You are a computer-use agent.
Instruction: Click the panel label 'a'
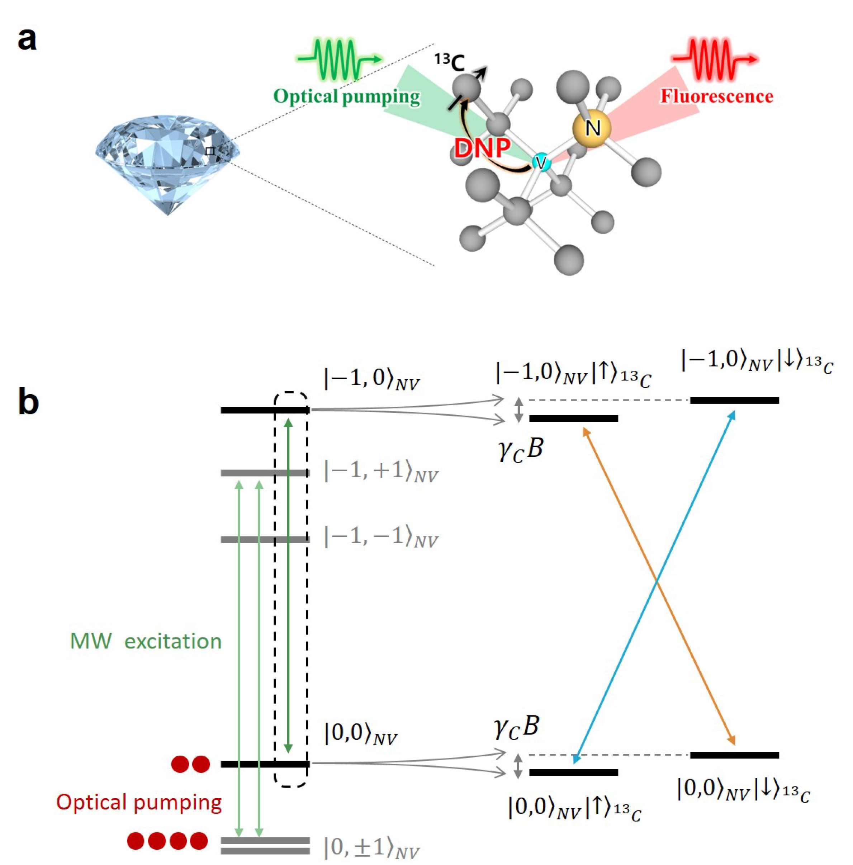27,39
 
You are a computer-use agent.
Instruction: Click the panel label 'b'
28,402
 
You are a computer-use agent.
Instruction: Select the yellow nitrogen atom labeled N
592,128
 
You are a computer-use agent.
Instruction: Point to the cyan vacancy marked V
541,162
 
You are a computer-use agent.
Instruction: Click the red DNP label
482,148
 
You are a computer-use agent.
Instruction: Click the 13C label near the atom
449,62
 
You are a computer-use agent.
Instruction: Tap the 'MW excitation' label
146,642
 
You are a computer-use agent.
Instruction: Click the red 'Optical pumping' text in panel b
139,802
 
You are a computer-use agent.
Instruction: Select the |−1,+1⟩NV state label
381,472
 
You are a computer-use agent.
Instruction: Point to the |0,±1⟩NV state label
372,847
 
